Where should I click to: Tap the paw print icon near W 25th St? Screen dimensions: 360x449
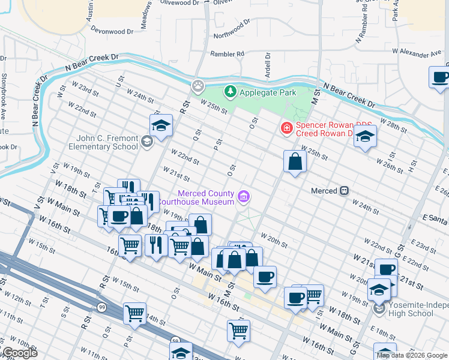pyautogui.click(x=197, y=86)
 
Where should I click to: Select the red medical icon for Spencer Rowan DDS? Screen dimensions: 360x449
pyautogui.click(x=287, y=128)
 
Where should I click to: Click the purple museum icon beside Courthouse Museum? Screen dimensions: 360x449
pyautogui.click(x=243, y=196)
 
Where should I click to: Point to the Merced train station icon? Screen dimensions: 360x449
pyautogui.click(x=344, y=191)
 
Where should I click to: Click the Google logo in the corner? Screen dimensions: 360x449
pyautogui.click(x=19, y=353)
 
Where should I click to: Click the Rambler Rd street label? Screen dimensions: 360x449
pyautogui.click(x=227, y=54)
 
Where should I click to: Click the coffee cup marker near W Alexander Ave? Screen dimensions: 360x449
pyautogui.click(x=440, y=78)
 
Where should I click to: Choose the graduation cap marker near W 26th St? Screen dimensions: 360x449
pyautogui.click(x=365, y=137)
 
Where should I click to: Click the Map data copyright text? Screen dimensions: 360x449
pyautogui.click(x=412, y=355)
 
